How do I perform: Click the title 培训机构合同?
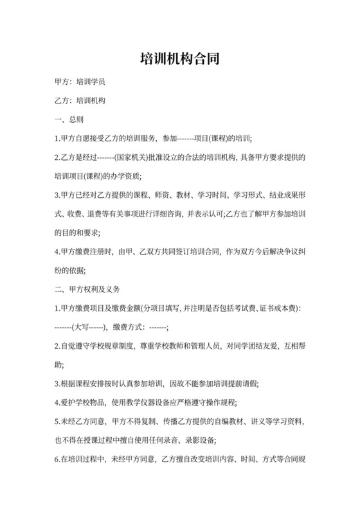pos(180,59)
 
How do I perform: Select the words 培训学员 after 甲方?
pos(91,83)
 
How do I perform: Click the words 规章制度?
pos(118,345)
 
